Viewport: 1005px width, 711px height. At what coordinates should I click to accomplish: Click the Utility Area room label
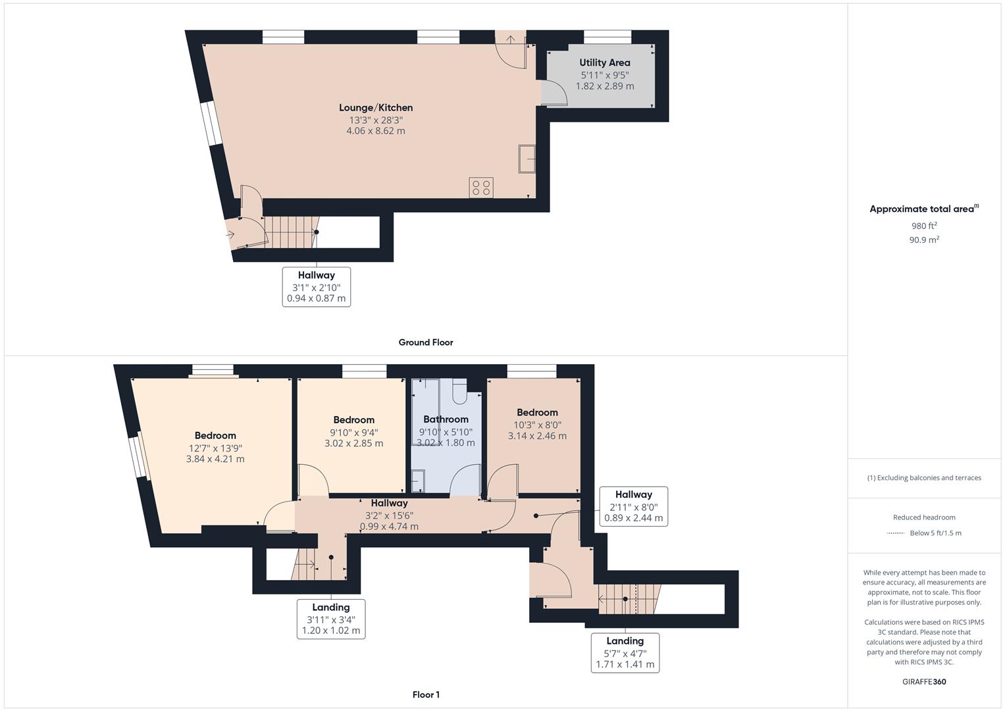click(x=604, y=63)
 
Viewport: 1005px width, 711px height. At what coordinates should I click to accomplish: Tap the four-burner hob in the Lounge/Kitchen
click(x=481, y=188)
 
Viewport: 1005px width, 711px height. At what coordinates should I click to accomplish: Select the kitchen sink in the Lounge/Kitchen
click(x=526, y=158)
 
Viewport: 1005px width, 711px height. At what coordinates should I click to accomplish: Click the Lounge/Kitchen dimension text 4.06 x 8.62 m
click(x=375, y=131)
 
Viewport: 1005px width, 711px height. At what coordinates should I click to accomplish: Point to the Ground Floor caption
click(x=425, y=342)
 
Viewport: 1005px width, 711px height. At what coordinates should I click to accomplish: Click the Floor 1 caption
click(x=425, y=695)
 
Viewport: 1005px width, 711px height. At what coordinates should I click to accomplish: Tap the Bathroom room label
click(x=446, y=419)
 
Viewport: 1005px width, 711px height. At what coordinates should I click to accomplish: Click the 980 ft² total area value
click(x=923, y=226)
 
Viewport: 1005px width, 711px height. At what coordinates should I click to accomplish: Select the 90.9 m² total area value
click(x=923, y=240)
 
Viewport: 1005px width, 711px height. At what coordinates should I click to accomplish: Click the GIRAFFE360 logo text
click(x=923, y=681)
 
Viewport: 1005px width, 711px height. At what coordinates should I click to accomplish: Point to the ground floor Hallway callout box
click(x=316, y=286)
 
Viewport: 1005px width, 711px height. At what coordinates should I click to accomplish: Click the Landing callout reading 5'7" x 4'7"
click(x=625, y=652)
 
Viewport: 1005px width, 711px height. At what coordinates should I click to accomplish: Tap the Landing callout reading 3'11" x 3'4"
click(x=330, y=619)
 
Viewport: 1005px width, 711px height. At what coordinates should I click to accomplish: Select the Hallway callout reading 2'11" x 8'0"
click(x=633, y=506)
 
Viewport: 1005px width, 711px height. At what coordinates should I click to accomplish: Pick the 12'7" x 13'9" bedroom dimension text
click(x=215, y=448)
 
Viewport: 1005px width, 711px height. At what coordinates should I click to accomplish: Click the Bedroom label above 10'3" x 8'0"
click(x=537, y=413)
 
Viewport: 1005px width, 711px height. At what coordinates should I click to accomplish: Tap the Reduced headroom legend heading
click(x=923, y=517)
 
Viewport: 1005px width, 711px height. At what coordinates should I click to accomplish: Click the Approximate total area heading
click(x=923, y=209)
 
